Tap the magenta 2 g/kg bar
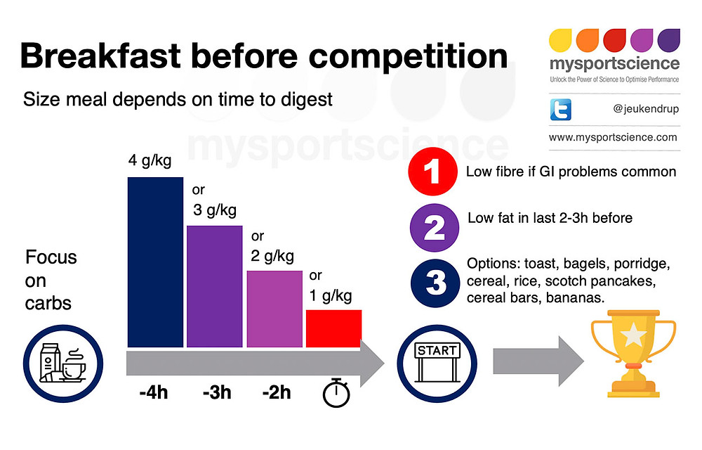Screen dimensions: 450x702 (x=274, y=309)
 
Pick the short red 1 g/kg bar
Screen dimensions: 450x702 (x=333, y=328)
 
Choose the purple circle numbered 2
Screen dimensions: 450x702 (x=435, y=227)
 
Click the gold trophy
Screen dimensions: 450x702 (x=634, y=354)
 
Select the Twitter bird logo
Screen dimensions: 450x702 (x=561, y=110)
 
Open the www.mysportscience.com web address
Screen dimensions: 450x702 (x=613, y=137)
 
